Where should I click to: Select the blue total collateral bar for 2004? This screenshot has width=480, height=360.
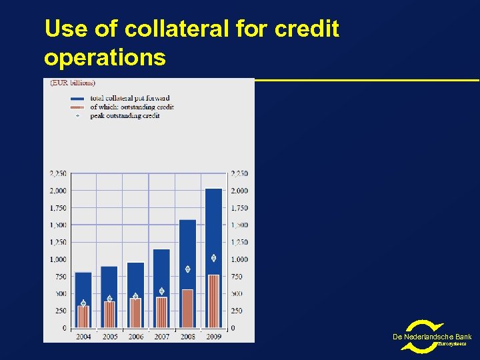[83, 287]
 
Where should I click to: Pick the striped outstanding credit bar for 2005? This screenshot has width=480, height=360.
[109, 315]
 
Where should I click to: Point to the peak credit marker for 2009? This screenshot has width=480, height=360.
[213, 258]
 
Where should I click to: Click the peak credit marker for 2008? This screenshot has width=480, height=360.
[187, 269]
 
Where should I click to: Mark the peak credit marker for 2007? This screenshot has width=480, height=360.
[161, 291]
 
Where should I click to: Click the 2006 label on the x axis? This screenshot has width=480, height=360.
[135, 337]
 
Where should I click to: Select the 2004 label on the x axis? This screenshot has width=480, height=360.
[83, 337]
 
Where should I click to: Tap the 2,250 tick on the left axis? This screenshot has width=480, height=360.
[58, 173]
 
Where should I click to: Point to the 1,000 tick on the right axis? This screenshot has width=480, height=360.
[239, 259]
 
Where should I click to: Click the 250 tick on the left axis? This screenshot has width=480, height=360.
[60, 311]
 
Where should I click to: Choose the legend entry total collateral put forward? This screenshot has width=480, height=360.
[129, 99]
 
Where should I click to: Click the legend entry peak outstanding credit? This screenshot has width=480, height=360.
[125, 116]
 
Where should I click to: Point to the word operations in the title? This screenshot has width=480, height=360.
[105, 57]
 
